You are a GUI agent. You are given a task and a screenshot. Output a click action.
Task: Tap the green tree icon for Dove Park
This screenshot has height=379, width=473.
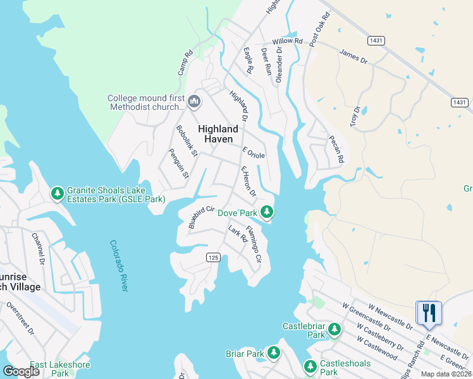tap(267, 212)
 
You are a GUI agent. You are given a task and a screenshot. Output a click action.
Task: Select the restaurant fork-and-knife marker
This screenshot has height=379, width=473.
tap(429, 313)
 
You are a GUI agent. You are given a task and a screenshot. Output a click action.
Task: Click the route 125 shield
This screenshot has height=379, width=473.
tap(213, 256)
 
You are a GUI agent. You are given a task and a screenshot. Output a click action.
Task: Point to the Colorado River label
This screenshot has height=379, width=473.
tap(118, 265)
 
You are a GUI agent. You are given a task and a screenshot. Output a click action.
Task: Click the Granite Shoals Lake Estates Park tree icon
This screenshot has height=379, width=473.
tap(57, 193)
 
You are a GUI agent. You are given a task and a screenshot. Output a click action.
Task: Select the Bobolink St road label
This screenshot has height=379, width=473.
tap(187, 140)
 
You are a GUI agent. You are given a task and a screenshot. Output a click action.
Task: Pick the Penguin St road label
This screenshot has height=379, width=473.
tap(178, 163)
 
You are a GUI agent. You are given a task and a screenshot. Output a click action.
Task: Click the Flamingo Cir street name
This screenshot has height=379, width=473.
tap(254, 244)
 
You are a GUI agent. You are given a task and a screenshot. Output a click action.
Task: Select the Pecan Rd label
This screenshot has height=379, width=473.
tap(336, 150)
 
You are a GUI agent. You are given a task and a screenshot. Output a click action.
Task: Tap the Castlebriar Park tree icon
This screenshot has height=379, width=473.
tap(334, 329)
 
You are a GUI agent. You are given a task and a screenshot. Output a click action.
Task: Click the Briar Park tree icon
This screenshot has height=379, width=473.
tap(274, 353)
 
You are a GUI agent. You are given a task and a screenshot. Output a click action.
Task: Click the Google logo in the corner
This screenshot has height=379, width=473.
tap(21, 371)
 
